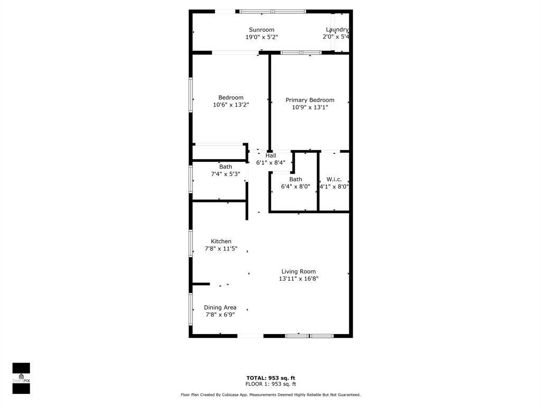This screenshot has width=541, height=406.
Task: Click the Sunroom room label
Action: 262,30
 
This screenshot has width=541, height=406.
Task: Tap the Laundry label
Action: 337,30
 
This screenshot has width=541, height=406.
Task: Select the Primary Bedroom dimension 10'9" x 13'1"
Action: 310,107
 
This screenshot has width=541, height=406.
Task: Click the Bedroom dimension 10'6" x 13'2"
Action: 231,105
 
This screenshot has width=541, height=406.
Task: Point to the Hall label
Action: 270,155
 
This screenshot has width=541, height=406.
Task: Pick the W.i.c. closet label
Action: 334,179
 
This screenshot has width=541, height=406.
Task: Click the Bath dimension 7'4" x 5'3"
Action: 226,174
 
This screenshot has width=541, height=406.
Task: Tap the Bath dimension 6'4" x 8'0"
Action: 295,186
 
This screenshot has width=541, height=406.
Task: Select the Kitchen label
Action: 221,241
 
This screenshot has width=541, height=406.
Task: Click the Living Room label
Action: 299,271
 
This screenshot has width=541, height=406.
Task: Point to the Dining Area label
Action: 220,307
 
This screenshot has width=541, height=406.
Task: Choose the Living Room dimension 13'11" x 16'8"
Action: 299,279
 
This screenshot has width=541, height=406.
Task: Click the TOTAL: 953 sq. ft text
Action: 270,377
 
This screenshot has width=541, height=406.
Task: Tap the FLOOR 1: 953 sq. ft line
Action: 270,384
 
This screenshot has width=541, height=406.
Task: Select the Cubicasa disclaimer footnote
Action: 270,395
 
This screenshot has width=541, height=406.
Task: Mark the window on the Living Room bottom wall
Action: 309,335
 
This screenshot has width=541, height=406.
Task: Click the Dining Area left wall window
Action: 191,309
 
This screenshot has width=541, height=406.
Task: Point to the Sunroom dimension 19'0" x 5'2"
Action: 262,37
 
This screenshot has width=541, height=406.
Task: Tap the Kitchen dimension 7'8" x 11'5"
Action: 221,248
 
